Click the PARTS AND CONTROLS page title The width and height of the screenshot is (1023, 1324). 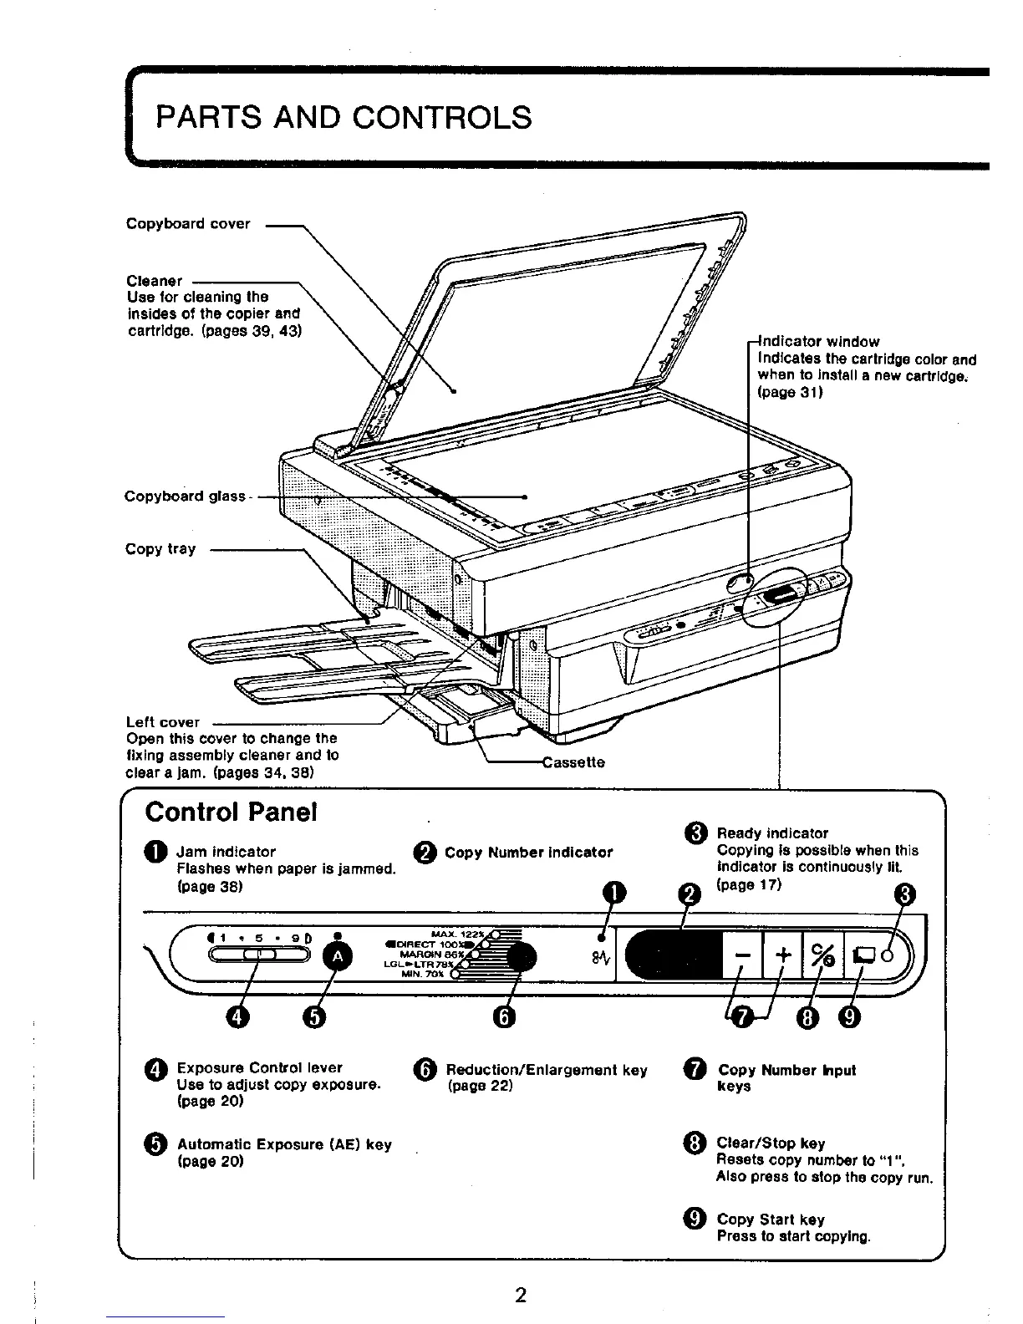click(x=344, y=117)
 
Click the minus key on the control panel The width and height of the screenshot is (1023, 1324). click(x=741, y=955)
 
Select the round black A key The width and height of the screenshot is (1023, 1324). click(x=338, y=957)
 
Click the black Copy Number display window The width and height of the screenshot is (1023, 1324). click(x=673, y=955)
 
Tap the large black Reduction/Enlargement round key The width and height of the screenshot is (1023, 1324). click(x=522, y=957)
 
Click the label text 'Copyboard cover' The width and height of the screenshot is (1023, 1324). click(x=188, y=224)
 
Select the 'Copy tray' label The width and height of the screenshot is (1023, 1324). click(x=160, y=549)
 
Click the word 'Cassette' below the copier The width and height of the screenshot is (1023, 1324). click(x=573, y=762)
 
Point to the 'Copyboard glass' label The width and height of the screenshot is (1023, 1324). click(x=185, y=496)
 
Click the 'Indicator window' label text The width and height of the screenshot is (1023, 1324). click(x=818, y=341)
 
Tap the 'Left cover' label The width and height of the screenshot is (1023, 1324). click(x=163, y=722)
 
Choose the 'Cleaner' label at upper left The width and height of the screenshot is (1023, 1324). click(x=154, y=281)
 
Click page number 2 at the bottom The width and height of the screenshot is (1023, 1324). click(x=520, y=1296)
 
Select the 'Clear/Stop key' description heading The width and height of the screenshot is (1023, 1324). click(x=771, y=1143)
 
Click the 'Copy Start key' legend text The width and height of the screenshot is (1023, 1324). click(x=771, y=1220)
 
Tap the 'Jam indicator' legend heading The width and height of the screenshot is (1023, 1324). click(x=226, y=852)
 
